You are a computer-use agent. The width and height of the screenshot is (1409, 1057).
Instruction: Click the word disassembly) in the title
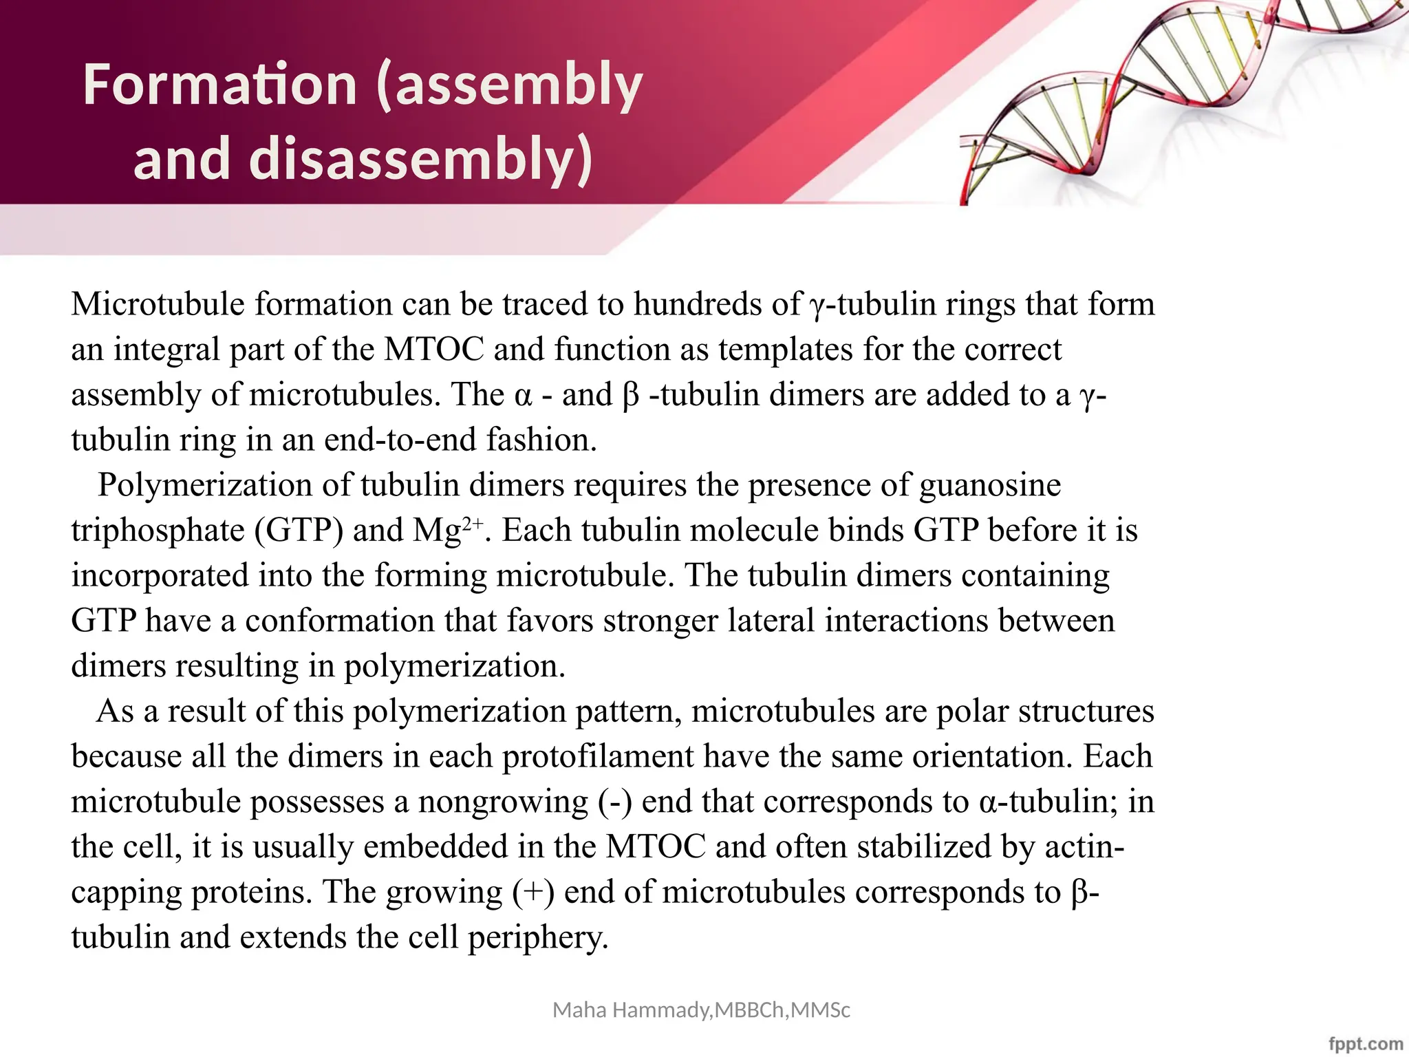click(420, 159)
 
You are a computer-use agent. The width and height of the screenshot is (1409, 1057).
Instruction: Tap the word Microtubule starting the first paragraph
click(158, 304)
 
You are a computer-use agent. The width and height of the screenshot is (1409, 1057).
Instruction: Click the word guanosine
click(990, 485)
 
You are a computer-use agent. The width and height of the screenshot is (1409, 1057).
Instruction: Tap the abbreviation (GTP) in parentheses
click(299, 531)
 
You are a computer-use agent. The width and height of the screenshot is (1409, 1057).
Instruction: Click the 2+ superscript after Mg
click(473, 523)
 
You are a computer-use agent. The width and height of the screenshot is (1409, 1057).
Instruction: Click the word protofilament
click(597, 756)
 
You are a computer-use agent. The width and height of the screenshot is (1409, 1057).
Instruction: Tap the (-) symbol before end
click(614, 802)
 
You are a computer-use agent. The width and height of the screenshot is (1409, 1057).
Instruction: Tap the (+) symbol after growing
click(533, 893)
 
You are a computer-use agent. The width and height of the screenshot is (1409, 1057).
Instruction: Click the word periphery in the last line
click(537, 938)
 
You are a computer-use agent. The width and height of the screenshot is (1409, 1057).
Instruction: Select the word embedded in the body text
click(435, 847)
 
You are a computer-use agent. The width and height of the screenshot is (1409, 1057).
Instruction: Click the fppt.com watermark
click(1365, 1043)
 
